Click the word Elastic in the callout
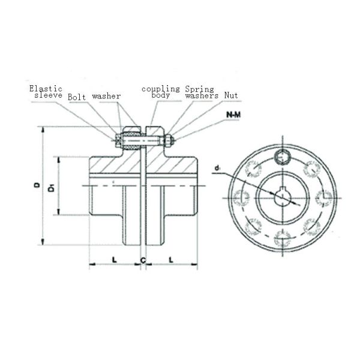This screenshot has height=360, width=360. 46,88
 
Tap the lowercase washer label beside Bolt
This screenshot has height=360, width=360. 107,96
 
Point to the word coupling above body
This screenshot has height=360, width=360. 160,88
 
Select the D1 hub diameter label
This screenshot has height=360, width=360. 52,187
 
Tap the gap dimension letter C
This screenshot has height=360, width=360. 143,259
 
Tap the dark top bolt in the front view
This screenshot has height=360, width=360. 282,157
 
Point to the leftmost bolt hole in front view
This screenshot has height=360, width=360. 241,197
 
